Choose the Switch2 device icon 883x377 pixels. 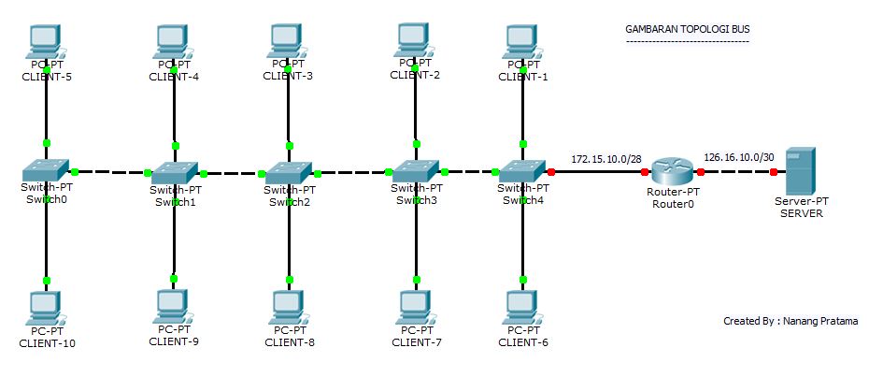pyautogui.click(x=289, y=172)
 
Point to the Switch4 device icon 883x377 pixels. pyautogui.click(x=521, y=171)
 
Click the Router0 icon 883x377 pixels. pyautogui.click(x=671, y=171)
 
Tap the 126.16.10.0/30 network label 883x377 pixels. pyautogui.click(x=738, y=157)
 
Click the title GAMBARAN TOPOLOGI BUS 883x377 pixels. pyautogui.click(x=687, y=30)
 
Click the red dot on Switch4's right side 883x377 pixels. pyautogui.click(x=551, y=172)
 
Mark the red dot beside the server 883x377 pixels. pyautogui.click(x=773, y=172)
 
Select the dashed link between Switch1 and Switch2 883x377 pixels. pyautogui.click(x=231, y=173)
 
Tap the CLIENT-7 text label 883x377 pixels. pyautogui.click(x=416, y=341)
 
